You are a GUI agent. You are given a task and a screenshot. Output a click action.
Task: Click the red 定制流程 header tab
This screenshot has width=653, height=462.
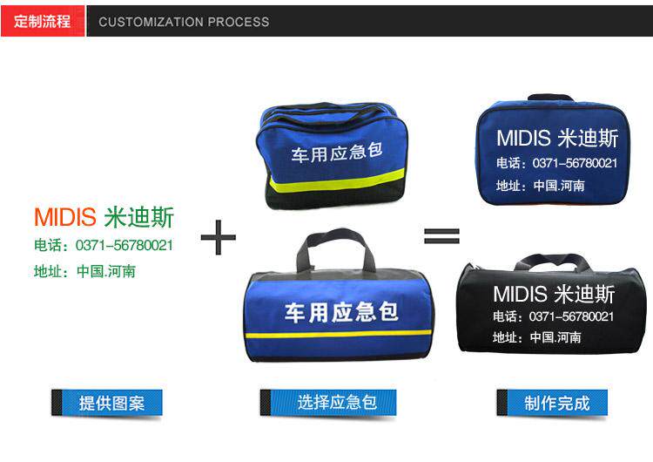tap(43, 21)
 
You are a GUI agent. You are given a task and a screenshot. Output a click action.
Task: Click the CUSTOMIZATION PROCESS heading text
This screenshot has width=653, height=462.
tap(184, 22)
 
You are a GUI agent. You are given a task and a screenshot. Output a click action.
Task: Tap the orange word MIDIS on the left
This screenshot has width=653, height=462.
tap(65, 217)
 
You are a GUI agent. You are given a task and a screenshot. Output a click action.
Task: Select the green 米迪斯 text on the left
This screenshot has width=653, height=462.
tap(138, 217)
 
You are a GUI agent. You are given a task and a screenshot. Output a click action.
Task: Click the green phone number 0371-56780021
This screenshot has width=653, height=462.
tap(125, 245)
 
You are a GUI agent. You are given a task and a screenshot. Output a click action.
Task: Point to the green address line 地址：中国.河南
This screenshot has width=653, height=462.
tap(85, 271)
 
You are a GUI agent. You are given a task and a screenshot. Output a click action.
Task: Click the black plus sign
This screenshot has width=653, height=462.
tap(219, 237)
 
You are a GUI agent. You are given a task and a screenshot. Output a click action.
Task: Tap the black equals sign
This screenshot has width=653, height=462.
tap(441, 236)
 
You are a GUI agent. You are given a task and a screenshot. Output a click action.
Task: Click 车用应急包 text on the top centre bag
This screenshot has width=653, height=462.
tap(336, 153)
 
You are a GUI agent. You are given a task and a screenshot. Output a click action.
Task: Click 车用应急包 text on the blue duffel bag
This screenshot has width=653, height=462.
tap(341, 312)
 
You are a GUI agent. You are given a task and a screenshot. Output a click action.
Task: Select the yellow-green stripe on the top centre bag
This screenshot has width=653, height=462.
tap(336, 180)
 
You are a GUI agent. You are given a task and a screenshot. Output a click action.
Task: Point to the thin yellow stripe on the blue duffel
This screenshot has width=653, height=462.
tap(338, 334)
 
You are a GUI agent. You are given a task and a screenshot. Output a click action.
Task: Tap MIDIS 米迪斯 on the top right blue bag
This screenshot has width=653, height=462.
tap(557, 138)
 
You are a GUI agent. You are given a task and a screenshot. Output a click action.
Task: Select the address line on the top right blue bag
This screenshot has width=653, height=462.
tap(540, 186)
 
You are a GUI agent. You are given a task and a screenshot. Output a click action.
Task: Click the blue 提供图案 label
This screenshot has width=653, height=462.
tap(107, 403)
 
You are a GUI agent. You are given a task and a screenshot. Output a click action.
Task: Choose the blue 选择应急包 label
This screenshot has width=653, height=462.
tap(328, 403)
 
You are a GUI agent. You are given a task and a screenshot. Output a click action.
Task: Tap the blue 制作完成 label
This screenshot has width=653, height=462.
tap(552, 403)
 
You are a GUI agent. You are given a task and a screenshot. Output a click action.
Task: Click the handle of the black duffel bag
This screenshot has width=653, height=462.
tap(552, 260)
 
